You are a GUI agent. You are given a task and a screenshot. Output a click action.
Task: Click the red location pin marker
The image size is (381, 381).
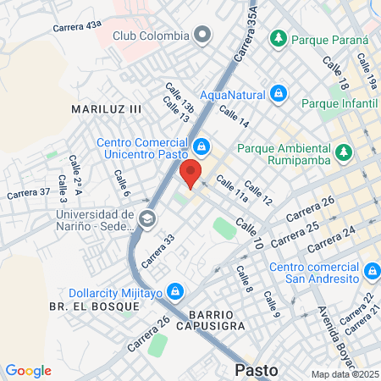click(190, 173)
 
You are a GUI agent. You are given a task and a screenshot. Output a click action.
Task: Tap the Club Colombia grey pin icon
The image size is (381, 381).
click(202, 36)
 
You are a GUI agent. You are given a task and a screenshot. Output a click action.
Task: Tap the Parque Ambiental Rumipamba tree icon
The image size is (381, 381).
click(343, 152)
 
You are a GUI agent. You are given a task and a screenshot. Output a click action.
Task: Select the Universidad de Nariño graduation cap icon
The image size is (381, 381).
click(147, 219)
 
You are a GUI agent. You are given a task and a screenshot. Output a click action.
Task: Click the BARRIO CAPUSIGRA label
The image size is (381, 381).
click(206, 318)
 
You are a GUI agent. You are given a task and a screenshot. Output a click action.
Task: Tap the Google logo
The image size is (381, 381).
click(29, 371)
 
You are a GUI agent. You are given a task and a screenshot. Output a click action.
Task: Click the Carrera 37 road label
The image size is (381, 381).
click(27, 193)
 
